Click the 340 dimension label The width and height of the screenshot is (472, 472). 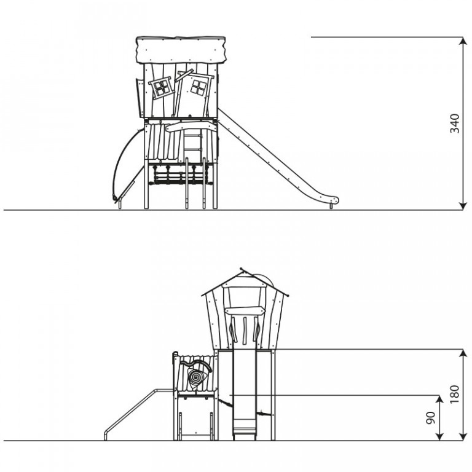pyautogui.click(x=455, y=124)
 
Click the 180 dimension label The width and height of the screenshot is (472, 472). pyautogui.click(x=455, y=395)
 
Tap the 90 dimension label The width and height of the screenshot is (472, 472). pyautogui.click(x=431, y=418)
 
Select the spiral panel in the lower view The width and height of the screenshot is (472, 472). pyautogui.click(x=195, y=377)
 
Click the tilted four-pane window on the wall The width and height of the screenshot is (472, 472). pyautogui.click(x=162, y=88)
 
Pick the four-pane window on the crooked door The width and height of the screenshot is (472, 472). pyautogui.click(x=199, y=88)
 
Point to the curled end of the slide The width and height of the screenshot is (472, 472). pyautogui.click(x=334, y=200)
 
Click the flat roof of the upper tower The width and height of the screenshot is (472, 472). pyautogui.click(x=181, y=50)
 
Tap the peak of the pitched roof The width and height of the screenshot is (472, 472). pyautogui.click(x=242, y=269)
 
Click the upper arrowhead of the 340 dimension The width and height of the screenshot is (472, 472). pyautogui.click(x=462, y=41)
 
